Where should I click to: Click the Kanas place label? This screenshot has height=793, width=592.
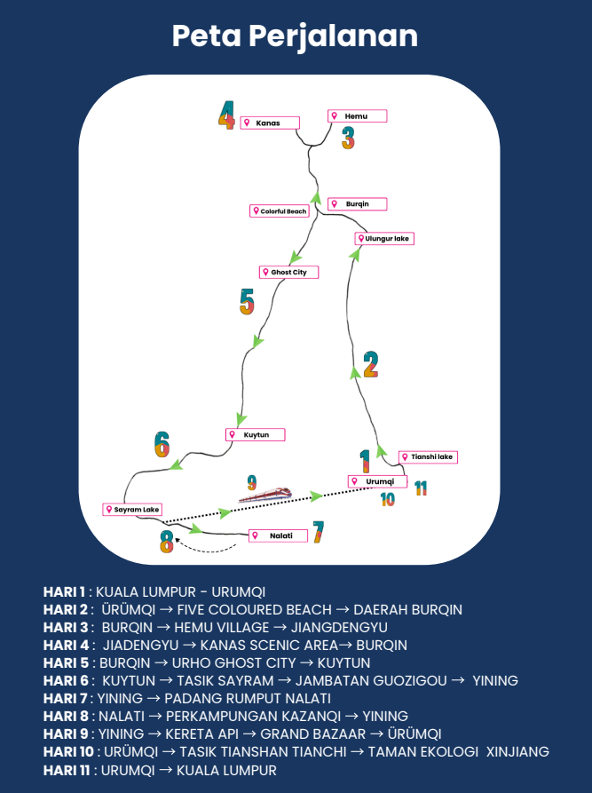270,123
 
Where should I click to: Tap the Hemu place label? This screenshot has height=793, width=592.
358,116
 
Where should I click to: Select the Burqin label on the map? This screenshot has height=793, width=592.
358,204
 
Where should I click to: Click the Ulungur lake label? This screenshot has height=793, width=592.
384,239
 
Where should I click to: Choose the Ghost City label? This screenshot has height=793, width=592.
288,272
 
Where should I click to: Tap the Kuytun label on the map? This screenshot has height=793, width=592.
255,435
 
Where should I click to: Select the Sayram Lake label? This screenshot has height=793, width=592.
132,510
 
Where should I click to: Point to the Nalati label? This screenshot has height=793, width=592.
277,535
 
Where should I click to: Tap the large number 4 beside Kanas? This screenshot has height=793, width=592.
227,115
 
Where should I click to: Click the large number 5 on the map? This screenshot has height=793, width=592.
247,302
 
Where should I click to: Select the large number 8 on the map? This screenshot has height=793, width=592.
167,541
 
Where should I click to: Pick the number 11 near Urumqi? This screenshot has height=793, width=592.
421,488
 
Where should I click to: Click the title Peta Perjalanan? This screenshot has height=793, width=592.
296,36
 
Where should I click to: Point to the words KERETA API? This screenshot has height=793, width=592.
184,734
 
